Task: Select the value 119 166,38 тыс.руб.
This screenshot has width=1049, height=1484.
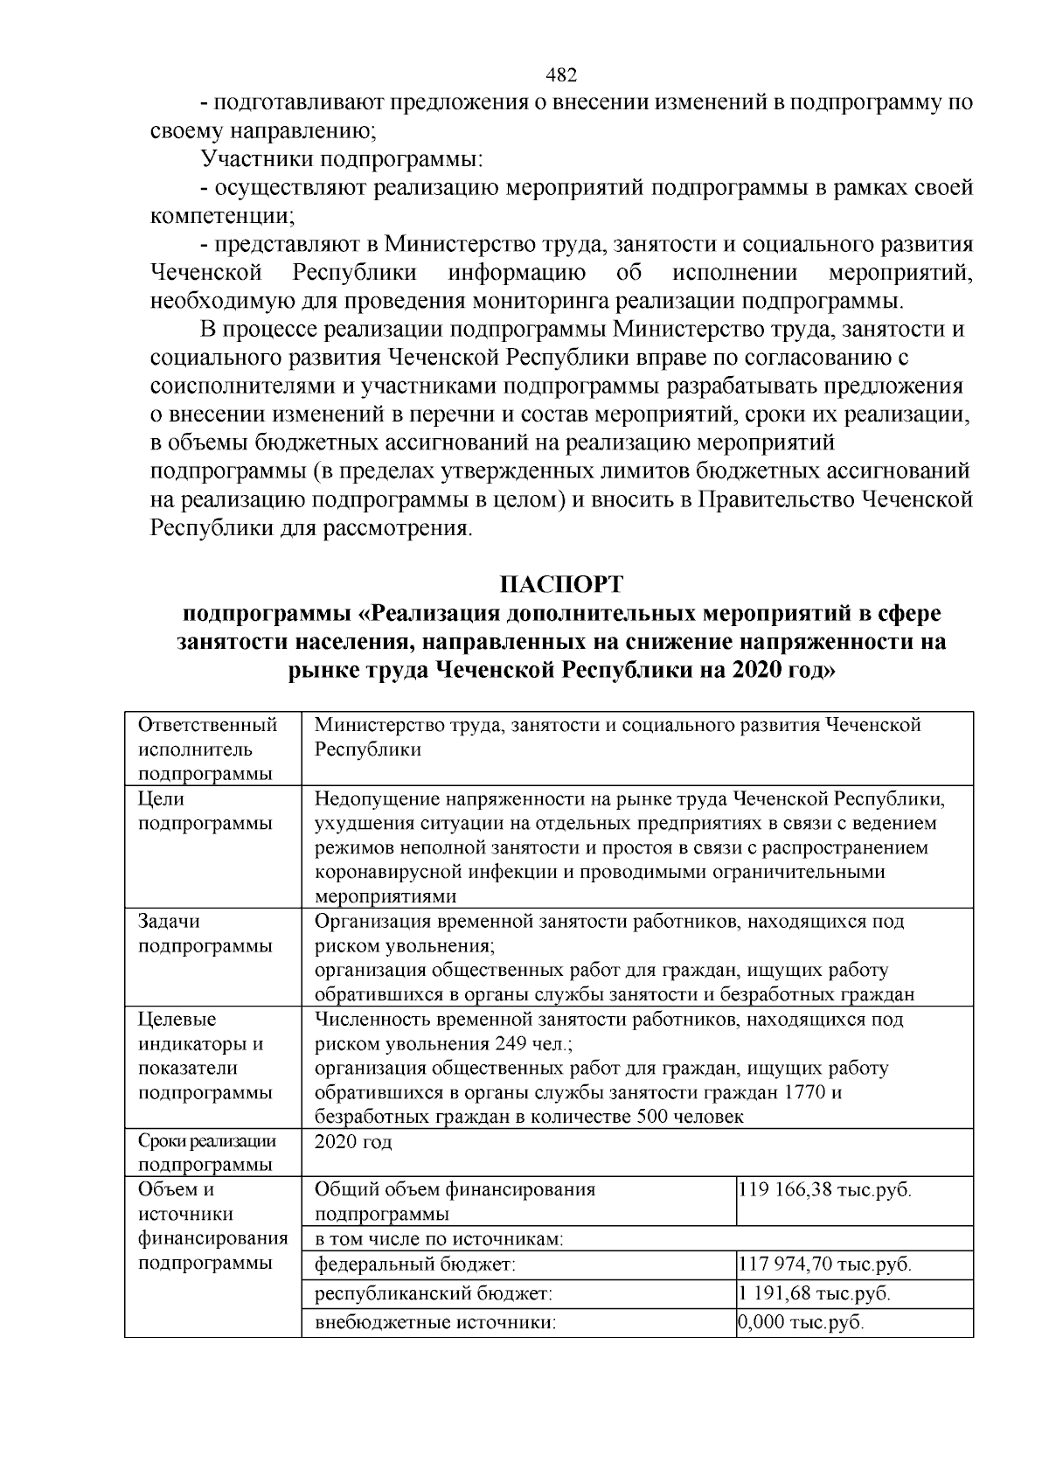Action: pyautogui.click(x=824, y=1189)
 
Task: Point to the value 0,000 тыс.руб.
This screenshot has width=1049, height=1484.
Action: pyautogui.click(x=801, y=1322)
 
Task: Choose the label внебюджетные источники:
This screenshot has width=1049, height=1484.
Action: pyautogui.click(x=435, y=1322)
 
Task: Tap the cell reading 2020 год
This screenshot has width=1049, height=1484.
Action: pyautogui.click(x=353, y=1142)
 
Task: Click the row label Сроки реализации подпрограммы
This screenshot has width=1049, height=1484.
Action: pyautogui.click(x=207, y=1153)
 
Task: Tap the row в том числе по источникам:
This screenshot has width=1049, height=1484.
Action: pyautogui.click(x=438, y=1238)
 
